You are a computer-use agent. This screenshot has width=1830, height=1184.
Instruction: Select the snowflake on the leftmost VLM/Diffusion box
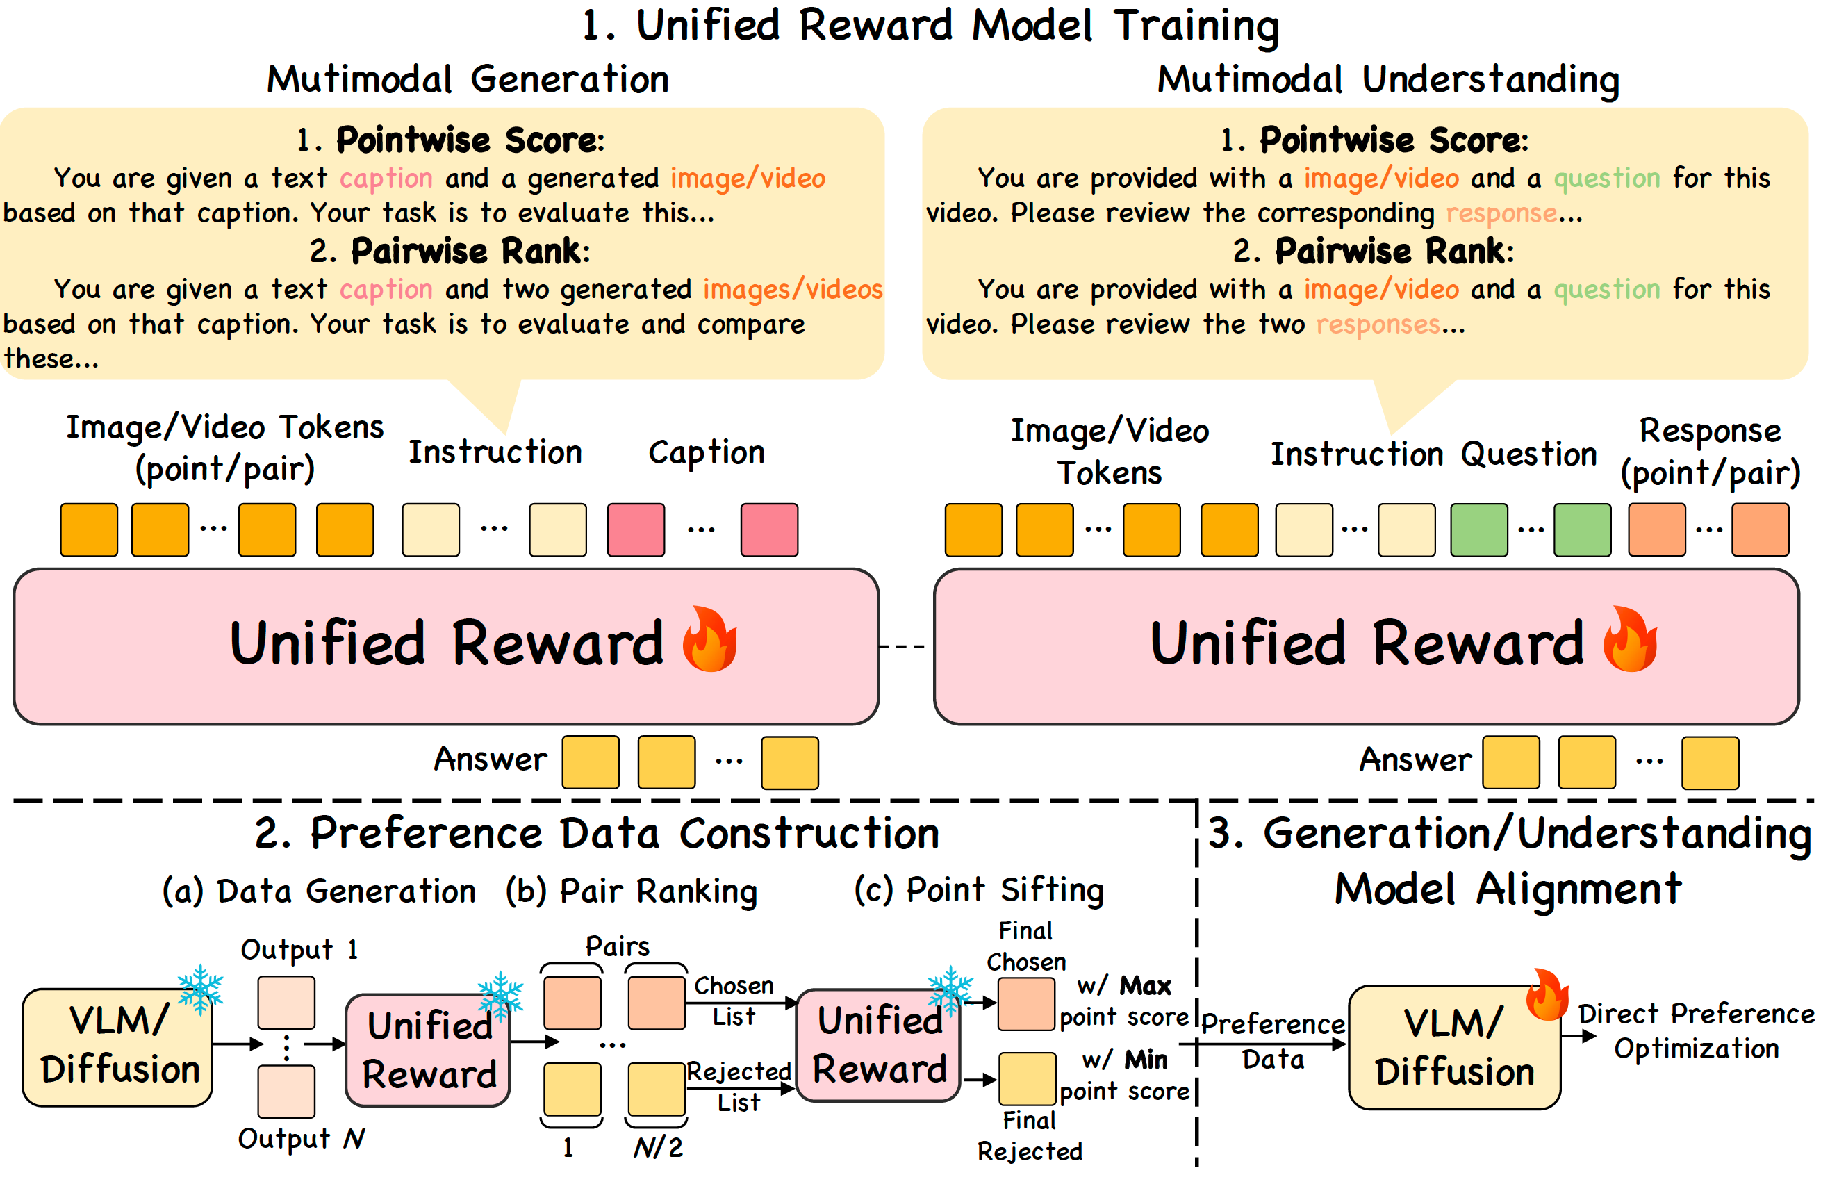click(x=201, y=989)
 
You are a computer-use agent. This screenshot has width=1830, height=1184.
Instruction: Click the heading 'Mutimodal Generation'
click(x=468, y=79)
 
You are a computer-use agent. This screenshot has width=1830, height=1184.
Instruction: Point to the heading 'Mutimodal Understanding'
click(x=1388, y=80)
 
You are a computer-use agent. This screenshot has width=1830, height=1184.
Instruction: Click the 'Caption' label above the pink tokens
click(x=707, y=453)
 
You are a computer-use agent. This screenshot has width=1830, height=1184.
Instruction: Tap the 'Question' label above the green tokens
click(x=1528, y=454)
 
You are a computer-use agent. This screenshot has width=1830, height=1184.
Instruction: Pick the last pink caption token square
click(x=768, y=529)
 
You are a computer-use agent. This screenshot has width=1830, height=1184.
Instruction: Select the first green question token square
click(x=1478, y=529)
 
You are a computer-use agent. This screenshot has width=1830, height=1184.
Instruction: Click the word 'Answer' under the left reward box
click(x=491, y=759)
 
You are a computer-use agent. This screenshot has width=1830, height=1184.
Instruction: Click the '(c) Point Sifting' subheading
click(x=978, y=890)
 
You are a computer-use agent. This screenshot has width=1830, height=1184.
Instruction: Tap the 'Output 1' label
click(x=299, y=951)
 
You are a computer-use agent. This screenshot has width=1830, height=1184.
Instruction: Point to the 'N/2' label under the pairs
click(x=658, y=1147)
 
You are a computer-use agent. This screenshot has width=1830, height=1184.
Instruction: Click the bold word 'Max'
click(x=1144, y=986)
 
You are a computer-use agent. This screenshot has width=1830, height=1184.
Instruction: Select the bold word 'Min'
click(x=1145, y=1060)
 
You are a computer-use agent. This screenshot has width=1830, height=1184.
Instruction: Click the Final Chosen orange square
click(x=1025, y=1004)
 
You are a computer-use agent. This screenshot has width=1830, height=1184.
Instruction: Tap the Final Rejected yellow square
click(x=1027, y=1078)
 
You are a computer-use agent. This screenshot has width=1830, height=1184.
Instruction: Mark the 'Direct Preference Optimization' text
click(x=1697, y=1031)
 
